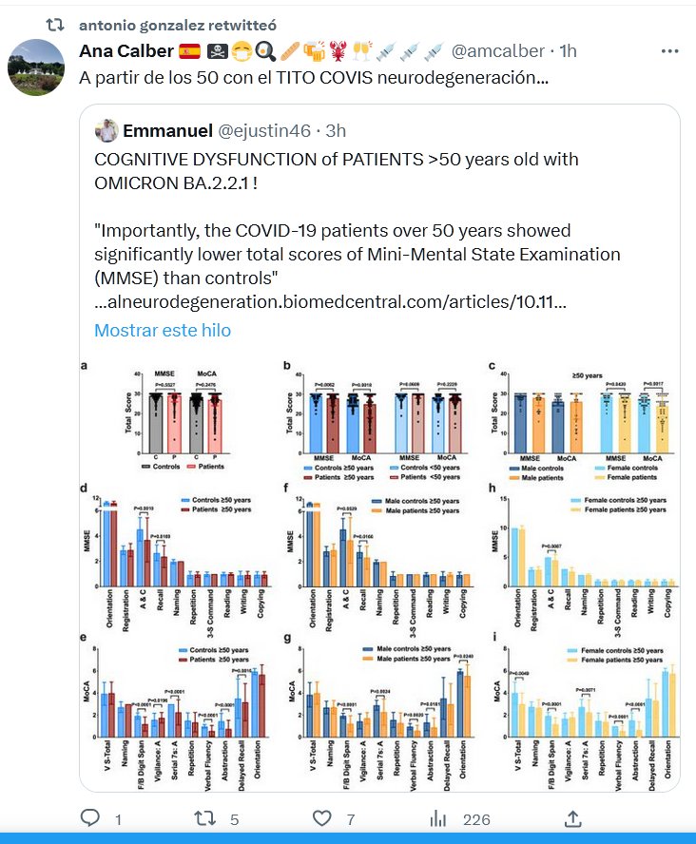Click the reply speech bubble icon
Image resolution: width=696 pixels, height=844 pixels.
[90, 818]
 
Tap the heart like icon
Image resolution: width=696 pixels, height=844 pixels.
[321, 818]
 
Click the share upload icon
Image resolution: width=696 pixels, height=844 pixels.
[572, 818]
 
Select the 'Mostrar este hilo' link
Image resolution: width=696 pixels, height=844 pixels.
[162, 331]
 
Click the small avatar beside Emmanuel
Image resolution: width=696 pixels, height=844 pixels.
[107, 130]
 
